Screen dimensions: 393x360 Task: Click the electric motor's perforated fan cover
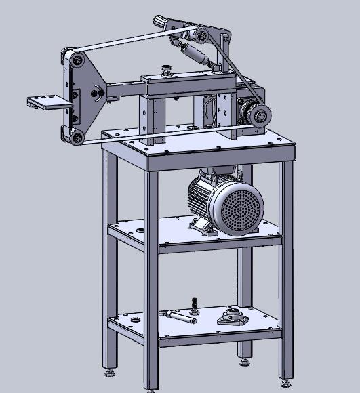pos(236,209)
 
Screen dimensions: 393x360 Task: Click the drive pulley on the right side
pos(258,116)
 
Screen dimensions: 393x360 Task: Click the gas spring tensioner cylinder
pos(193,51)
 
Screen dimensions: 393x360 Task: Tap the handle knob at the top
pos(161,20)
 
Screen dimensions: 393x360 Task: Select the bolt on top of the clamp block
pos(164,68)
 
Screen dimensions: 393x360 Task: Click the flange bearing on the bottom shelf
pos(233,316)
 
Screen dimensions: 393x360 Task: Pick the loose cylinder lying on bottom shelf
pos(178,316)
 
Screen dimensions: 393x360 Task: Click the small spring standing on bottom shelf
pos(195,304)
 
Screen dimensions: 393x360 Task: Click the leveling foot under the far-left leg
pos(108,371)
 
